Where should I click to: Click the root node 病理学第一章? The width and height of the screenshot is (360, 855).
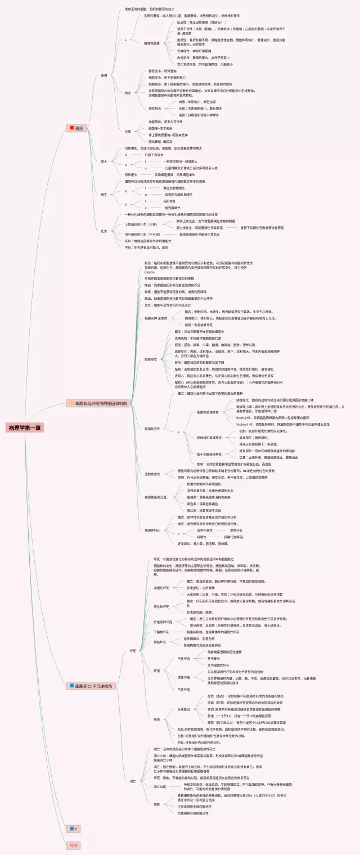[25, 429]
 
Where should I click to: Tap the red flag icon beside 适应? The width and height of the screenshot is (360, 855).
[71, 129]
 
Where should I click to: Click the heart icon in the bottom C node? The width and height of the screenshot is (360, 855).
[71, 845]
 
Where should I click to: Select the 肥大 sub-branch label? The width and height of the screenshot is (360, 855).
[103, 161]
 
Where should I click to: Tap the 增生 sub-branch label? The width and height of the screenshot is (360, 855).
[103, 194]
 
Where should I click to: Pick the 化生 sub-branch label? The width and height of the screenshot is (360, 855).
[103, 231]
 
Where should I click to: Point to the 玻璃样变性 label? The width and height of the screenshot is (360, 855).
[152, 429]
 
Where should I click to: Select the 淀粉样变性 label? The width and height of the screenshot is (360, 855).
[152, 474]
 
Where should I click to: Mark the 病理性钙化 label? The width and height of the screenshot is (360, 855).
[152, 530]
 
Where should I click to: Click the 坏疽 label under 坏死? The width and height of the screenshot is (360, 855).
[157, 670]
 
